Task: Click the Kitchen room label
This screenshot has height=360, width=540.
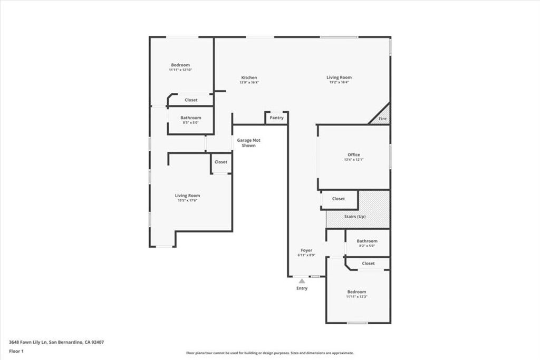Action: [249, 77]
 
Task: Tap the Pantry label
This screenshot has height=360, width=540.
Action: [276, 118]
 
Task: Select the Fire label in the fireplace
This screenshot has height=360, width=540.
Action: [383, 119]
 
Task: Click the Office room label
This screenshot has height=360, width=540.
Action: [353, 154]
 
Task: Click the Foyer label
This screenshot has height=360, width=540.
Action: [306, 250]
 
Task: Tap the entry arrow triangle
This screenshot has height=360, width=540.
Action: [302, 281]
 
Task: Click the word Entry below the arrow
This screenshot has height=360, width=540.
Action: [302, 288]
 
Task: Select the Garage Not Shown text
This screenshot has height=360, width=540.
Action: [248, 143]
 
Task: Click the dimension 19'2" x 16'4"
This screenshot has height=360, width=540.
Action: [339, 82]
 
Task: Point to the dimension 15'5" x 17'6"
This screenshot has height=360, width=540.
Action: [187, 200]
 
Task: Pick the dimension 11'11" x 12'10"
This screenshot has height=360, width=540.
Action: [180, 70]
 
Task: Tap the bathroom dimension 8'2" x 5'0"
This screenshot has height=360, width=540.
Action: [367, 246]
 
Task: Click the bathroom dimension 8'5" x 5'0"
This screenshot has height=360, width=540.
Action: [190, 123]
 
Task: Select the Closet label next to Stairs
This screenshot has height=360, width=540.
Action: [339, 199]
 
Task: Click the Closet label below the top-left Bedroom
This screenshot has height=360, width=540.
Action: [191, 100]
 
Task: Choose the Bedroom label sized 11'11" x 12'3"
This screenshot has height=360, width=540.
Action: [356, 291]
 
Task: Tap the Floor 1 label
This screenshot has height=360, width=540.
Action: [16, 351]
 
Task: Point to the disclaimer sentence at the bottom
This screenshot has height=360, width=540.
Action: [269, 353]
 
